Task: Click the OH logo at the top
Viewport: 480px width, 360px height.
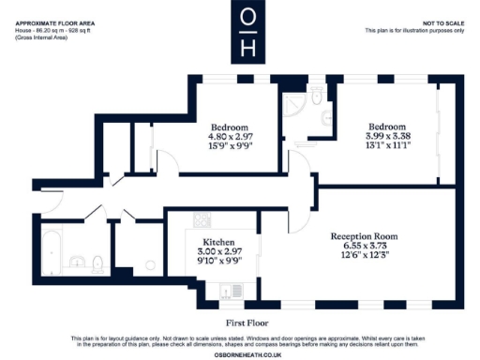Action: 247,32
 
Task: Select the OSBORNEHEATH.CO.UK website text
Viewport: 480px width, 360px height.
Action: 239,352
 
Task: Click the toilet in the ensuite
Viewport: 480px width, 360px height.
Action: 317,95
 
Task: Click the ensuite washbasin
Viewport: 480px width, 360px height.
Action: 324,117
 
